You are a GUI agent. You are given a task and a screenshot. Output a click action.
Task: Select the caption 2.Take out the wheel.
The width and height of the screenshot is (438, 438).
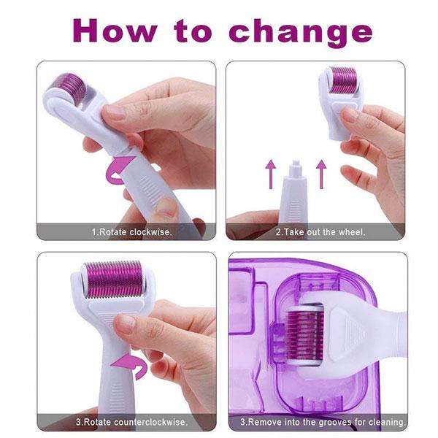[x=320, y=231]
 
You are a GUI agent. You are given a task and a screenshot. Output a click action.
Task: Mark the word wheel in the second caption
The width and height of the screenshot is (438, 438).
[x=349, y=231]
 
